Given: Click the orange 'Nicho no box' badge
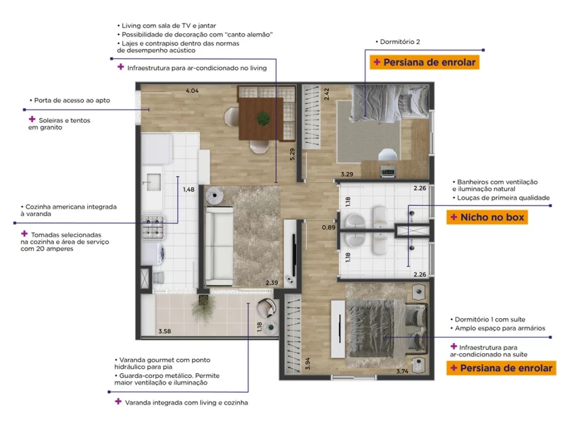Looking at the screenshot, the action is click(487, 217).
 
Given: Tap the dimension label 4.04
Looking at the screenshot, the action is click(192, 91).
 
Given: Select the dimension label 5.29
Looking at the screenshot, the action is click(292, 155).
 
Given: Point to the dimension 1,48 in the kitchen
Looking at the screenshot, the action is click(189, 189).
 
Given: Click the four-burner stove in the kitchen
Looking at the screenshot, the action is click(153, 227).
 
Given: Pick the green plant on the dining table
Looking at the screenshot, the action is click(263, 118).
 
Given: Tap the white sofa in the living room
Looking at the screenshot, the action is click(219, 246).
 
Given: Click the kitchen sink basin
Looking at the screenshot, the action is click(153, 182).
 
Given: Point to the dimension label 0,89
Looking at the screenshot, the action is click(328, 227).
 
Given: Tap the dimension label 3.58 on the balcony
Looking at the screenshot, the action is click(164, 331).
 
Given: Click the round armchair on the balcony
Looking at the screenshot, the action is click(267, 308).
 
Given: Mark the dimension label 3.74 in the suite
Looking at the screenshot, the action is click(402, 371).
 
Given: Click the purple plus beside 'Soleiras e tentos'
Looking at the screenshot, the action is click(32, 119).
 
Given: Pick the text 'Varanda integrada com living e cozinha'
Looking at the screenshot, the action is click(187, 403).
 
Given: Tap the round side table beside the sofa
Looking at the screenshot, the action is click(215, 195).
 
